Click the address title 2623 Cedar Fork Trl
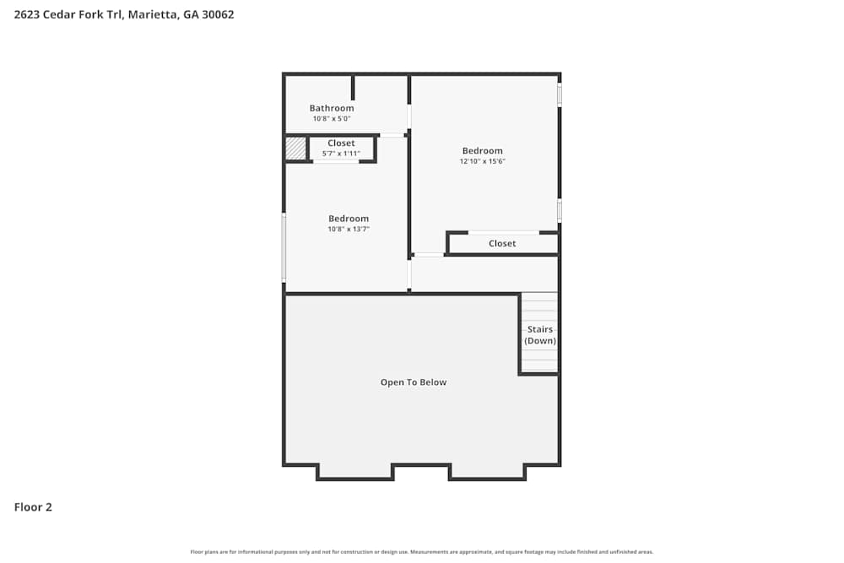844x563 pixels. click(x=124, y=14)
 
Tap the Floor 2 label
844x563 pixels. click(x=33, y=507)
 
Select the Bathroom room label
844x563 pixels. click(x=332, y=108)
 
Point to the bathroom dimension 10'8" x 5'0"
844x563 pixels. click(x=332, y=119)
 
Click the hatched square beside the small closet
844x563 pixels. click(x=295, y=149)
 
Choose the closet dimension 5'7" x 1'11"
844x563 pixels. click(x=341, y=154)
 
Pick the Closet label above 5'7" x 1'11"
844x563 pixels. click(x=341, y=143)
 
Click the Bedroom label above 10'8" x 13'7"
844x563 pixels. click(x=349, y=219)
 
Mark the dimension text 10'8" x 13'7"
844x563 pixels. click(x=349, y=230)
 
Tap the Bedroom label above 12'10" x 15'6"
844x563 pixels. click(x=482, y=151)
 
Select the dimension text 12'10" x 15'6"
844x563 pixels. click(x=482, y=161)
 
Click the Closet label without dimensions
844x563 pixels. click(x=502, y=244)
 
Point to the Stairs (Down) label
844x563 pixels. click(x=540, y=335)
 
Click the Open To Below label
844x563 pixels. click(x=414, y=382)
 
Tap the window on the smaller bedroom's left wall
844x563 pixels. click(x=284, y=246)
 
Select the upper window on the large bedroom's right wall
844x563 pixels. click(x=559, y=93)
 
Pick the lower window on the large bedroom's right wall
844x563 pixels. click(x=559, y=209)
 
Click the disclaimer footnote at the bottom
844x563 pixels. click(x=422, y=552)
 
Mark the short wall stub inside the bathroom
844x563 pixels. click(x=354, y=88)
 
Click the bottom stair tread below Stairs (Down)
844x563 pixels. click(x=539, y=367)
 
